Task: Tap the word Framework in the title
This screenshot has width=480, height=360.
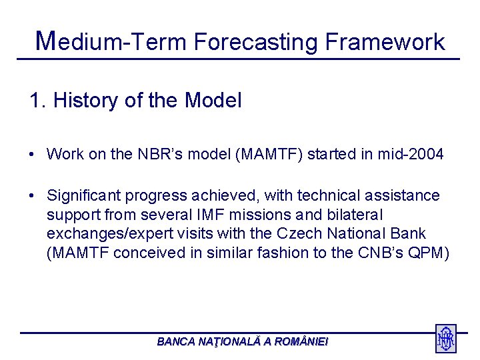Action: (x=385, y=43)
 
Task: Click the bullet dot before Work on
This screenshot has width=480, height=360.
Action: (x=33, y=155)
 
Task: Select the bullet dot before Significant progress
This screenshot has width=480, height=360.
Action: (x=33, y=196)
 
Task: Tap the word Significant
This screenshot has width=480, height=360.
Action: (x=84, y=196)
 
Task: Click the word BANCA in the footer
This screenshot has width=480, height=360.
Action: (x=174, y=341)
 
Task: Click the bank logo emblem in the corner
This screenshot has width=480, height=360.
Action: (x=445, y=339)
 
